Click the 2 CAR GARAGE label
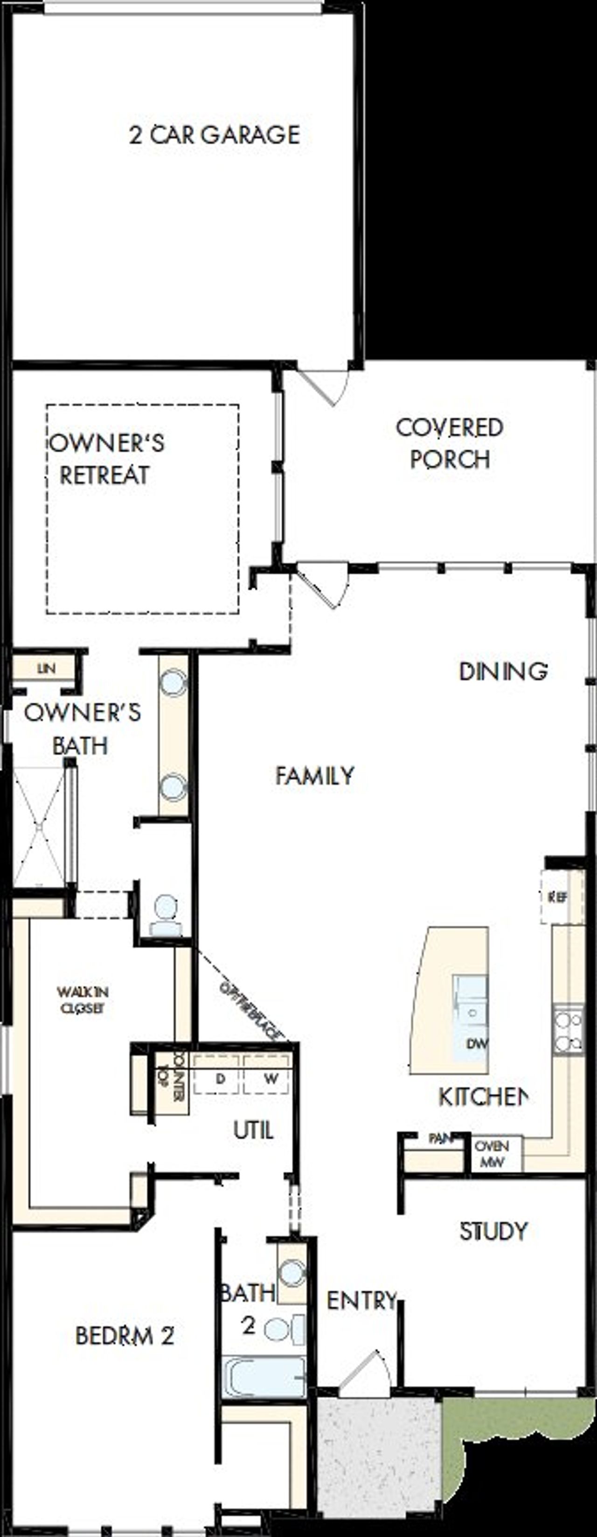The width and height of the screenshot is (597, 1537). [x=215, y=135]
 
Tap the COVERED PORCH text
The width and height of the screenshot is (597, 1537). [x=450, y=443]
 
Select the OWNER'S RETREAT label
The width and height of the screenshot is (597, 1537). [x=106, y=459]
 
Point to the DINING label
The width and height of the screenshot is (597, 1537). [x=503, y=671]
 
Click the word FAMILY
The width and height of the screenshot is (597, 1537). [x=315, y=776]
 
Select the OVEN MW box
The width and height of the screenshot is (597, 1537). [x=492, y=1153]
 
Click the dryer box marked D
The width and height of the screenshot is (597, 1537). [x=220, y=1078]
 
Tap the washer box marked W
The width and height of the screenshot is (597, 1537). [x=271, y=1078]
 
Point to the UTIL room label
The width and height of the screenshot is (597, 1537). [x=253, y=1130]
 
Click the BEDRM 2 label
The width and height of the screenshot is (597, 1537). [x=124, y=1335]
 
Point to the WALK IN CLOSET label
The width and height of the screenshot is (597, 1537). [x=83, y=1000]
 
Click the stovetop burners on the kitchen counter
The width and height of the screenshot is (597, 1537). [x=568, y=1031]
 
